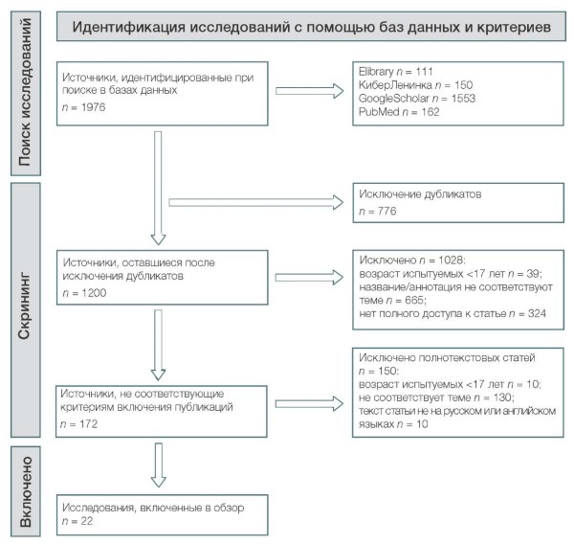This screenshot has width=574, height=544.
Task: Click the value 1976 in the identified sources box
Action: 93,107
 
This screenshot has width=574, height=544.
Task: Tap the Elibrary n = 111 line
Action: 395,71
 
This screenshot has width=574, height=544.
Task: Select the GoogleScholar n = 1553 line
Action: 416,99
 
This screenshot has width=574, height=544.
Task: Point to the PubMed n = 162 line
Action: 399,112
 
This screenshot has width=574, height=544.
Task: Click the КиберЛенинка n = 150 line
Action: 415,84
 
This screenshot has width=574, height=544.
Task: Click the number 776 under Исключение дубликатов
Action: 386,211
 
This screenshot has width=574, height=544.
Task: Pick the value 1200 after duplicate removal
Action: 94,293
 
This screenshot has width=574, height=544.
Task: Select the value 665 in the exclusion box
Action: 414,301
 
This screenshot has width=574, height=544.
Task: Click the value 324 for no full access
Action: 537,314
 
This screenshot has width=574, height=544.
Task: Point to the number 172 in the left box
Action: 88,424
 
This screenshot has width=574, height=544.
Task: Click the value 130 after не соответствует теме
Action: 502,397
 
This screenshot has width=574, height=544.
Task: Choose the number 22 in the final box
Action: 87,521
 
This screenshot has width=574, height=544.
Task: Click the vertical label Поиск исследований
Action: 25,92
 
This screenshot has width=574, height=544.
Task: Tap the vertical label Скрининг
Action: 25,306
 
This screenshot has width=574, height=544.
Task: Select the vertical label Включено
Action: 25,492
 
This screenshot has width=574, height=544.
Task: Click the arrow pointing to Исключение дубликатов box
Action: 256,202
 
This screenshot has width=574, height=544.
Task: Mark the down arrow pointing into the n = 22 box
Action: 159,465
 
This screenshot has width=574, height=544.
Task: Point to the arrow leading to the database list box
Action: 310,91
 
